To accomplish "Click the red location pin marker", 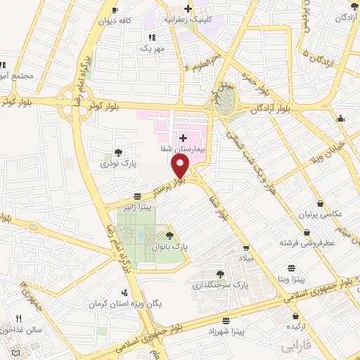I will [181, 165].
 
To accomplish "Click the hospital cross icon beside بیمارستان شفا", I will [184, 137].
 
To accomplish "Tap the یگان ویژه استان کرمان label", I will [124, 304].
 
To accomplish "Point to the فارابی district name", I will [295, 347].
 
